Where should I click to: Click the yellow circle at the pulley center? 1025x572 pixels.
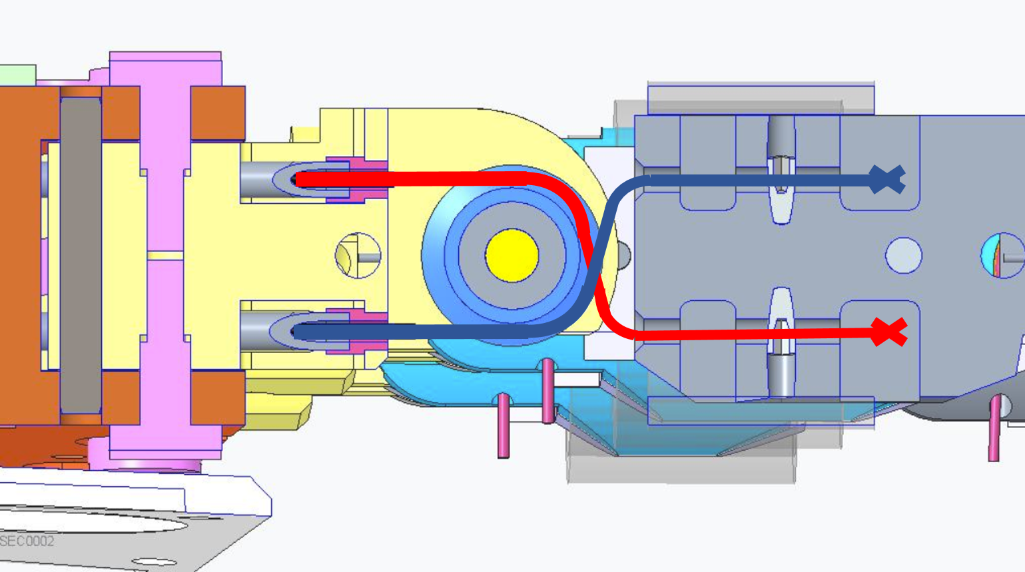click(x=512, y=255)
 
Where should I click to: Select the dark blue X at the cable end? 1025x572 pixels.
click(x=887, y=179)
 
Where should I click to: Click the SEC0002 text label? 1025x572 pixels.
click(x=27, y=541)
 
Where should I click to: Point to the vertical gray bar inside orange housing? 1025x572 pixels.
click(x=81, y=255)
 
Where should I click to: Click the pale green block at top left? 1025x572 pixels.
click(x=18, y=75)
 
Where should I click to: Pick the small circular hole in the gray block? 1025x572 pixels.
click(x=903, y=255)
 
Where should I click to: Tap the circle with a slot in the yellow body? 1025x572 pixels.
click(x=358, y=255)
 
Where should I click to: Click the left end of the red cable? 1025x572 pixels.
click(x=298, y=179)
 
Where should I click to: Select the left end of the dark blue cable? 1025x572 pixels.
click(x=296, y=332)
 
